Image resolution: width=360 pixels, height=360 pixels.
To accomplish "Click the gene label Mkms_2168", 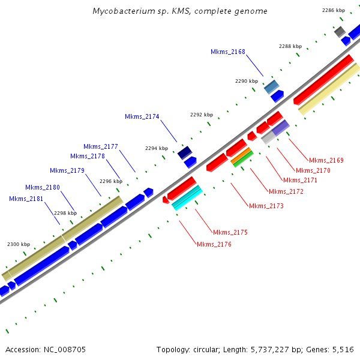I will pyautogui.click(x=228, y=52).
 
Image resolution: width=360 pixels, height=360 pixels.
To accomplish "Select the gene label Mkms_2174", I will pyautogui.click(x=142, y=116).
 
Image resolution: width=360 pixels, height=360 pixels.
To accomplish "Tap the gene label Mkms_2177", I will pyautogui.click(x=101, y=146).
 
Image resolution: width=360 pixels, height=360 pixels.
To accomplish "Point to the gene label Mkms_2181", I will pyautogui.click(x=26, y=199).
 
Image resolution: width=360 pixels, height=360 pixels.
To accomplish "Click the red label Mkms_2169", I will pyautogui.click(x=326, y=160).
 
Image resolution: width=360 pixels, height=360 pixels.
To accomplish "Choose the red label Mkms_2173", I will pyautogui.click(x=266, y=206).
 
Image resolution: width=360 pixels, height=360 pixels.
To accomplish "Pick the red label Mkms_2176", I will pyautogui.click(x=214, y=244).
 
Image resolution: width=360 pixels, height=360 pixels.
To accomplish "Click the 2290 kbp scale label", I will pyautogui.click(x=247, y=81).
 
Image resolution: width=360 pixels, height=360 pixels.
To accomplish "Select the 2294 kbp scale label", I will pyautogui.click(x=157, y=148).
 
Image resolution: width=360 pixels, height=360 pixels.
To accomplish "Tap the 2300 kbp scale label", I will pyautogui.click(x=19, y=244).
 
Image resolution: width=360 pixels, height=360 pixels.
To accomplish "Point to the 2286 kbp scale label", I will pyautogui.click(x=334, y=10).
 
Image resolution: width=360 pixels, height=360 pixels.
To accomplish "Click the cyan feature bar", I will pyautogui.click(x=187, y=197).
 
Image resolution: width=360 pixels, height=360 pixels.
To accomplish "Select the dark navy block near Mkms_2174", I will pyautogui.click(x=185, y=152).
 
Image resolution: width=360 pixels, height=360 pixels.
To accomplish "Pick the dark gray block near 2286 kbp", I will pyautogui.click(x=340, y=31).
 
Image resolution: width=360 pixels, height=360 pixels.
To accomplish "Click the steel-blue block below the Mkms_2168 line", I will pyautogui.click(x=272, y=86).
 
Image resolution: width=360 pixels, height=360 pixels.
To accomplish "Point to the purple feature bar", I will pyautogui.click(x=281, y=127).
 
